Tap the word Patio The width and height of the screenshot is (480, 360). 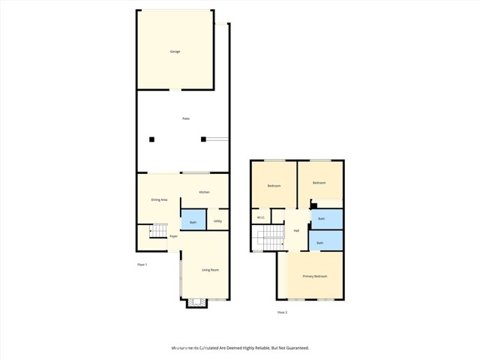[186, 119]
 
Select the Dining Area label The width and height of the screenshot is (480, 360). [159, 200]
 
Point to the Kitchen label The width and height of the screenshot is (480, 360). [204, 193]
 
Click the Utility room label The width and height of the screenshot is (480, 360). [217, 221]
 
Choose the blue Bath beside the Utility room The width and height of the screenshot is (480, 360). [193, 223]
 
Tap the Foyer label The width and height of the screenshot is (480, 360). [173, 236]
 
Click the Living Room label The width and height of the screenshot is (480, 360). [210, 270]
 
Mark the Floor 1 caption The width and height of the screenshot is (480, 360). [142, 265]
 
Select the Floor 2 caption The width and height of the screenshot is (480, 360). [282, 312]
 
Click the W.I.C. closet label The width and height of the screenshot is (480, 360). [261, 218]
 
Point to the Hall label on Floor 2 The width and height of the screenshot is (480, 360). [296, 230]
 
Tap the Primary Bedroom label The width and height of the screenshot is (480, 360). [315, 277]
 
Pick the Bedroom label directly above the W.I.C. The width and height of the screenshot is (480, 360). [274, 185]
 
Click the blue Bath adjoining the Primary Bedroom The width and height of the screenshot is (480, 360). [319, 243]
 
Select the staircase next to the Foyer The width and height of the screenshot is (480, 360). [157, 231]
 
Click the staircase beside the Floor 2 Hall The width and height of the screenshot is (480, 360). [270, 241]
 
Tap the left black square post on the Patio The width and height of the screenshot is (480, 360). [151, 139]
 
